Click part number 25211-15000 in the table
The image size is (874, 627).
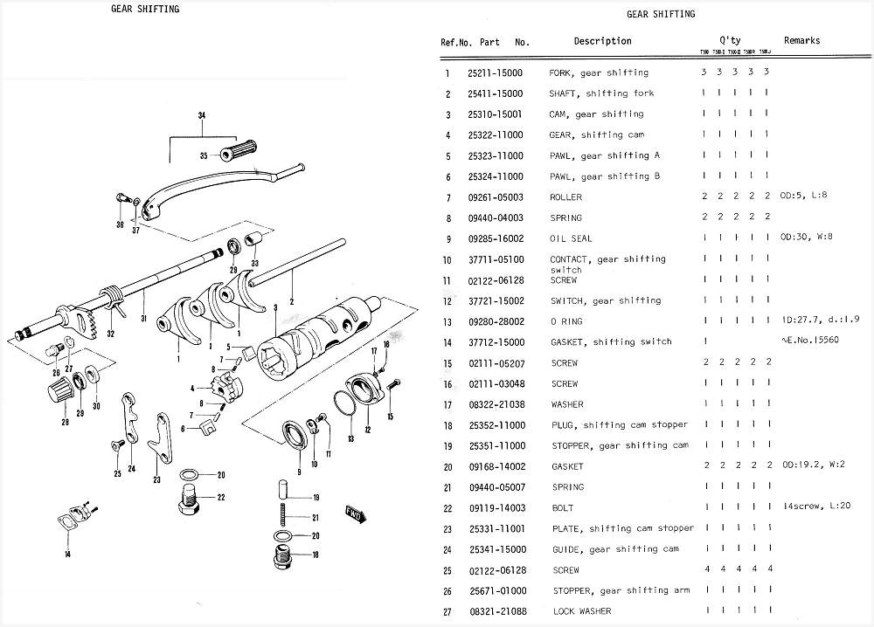(x=495, y=73)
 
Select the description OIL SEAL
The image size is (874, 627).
(x=571, y=238)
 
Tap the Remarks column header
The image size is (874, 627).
(x=801, y=41)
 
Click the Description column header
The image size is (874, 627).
(x=602, y=41)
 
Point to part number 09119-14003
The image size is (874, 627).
(x=495, y=508)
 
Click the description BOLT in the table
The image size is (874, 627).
(x=563, y=508)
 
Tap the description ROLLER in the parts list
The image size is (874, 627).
(x=565, y=197)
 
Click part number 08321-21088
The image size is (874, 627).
(x=495, y=611)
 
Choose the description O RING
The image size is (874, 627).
(x=567, y=321)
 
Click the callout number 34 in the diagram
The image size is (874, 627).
(x=202, y=116)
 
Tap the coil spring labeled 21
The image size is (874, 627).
(x=281, y=517)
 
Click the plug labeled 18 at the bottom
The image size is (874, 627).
(x=282, y=556)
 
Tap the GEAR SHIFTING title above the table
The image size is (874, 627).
(x=662, y=14)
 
